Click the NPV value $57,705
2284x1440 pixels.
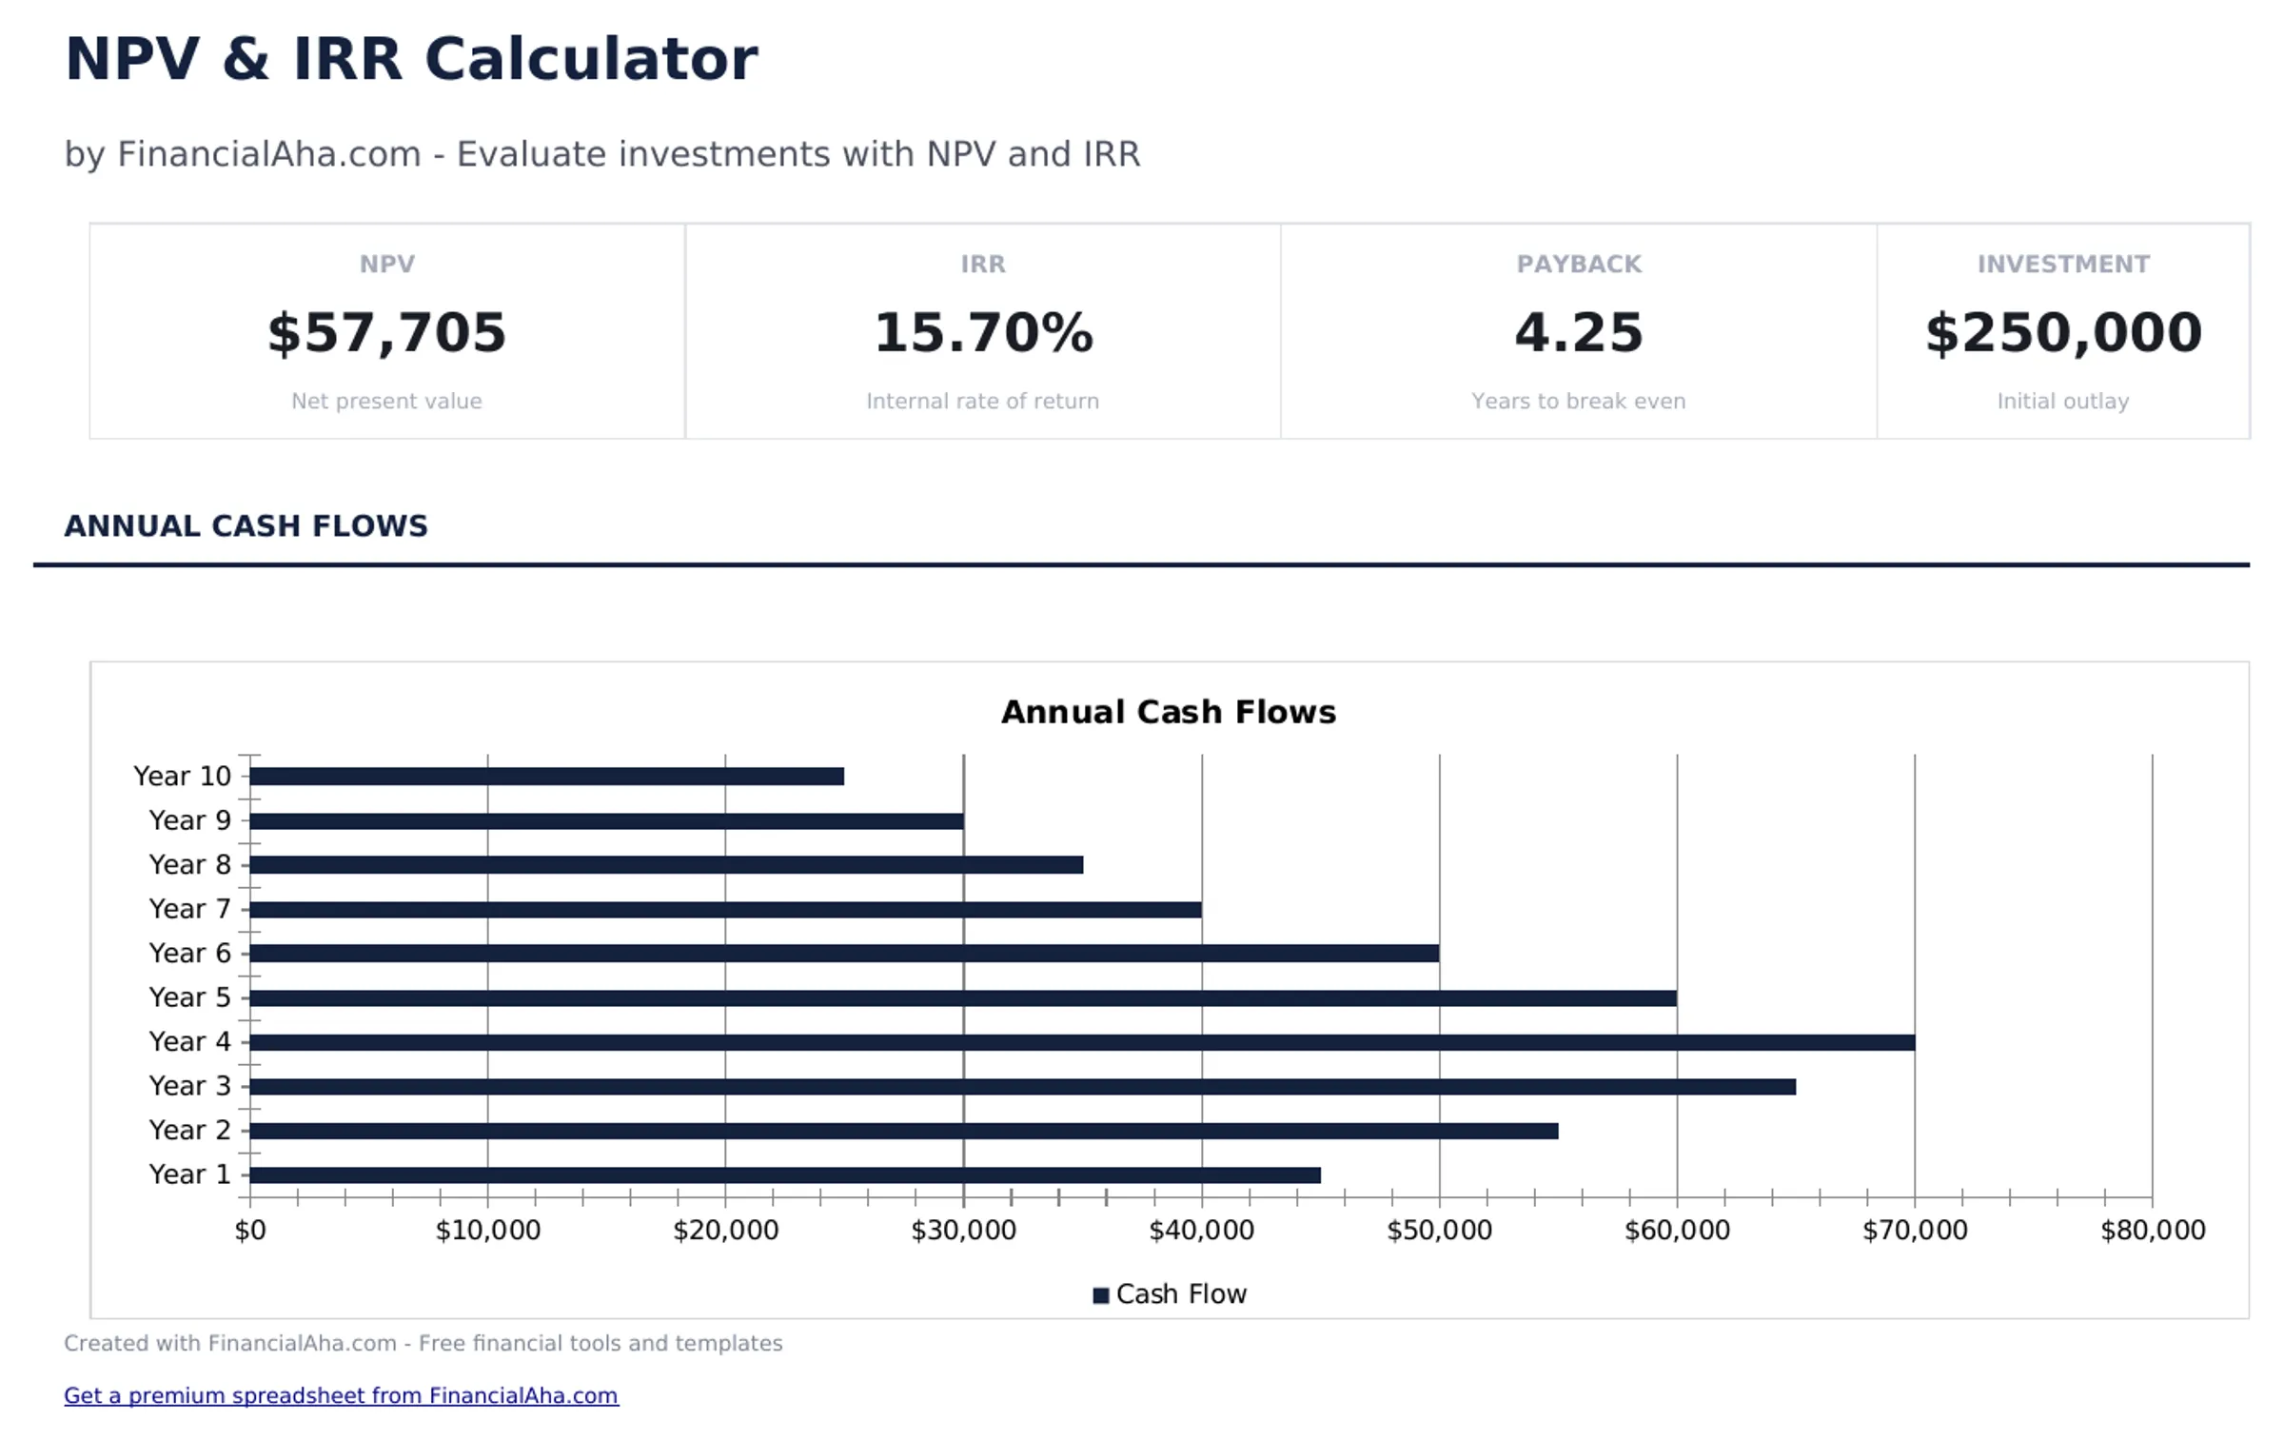pos(386,333)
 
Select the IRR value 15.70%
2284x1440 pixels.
pos(982,333)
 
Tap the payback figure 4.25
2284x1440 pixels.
pos(1578,333)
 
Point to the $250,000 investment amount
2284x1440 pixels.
pos(2062,333)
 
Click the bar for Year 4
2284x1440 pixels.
pos(1081,1042)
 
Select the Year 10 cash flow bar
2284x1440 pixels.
pos(546,777)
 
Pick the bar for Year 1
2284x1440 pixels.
pos(784,1175)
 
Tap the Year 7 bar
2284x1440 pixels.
pos(724,910)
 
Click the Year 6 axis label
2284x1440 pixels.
pos(189,953)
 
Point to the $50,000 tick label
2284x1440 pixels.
pos(1438,1231)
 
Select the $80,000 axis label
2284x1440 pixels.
pos(2152,1231)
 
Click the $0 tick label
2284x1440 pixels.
pos(250,1231)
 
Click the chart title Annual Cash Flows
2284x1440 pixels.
pos(1168,712)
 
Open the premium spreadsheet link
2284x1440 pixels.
pos(341,1395)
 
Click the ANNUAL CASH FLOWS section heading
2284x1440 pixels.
pos(246,526)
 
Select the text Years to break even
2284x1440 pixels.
pos(1578,402)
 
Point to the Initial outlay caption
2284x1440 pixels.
pos(2062,402)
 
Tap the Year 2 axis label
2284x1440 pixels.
pos(189,1130)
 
